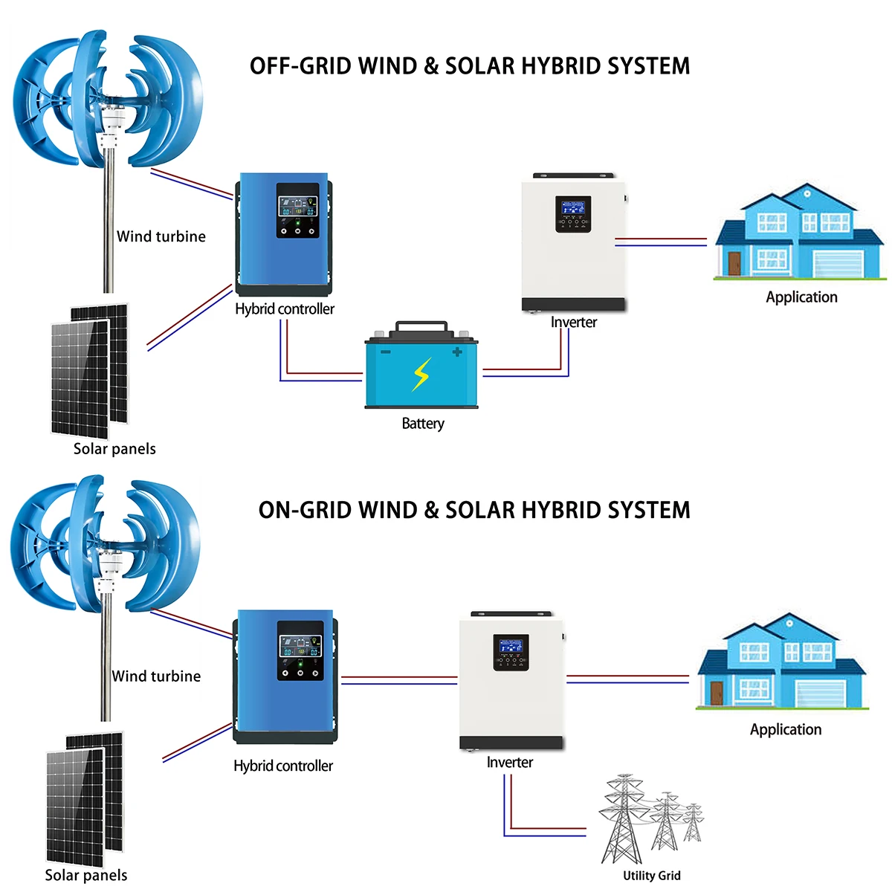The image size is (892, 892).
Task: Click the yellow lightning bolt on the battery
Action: (x=421, y=374)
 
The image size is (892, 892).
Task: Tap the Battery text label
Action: (x=423, y=424)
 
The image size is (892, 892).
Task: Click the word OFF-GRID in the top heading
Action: (x=300, y=66)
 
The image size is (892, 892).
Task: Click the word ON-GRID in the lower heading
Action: (x=305, y=511)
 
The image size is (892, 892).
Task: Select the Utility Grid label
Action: (x=651, y=876)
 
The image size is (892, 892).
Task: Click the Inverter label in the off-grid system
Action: (x=574, y=323)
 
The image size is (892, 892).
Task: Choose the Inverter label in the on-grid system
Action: (x=510, y=763)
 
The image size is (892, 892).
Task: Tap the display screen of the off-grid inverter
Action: (x=573, y=209)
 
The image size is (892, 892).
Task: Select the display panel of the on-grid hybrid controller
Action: (x=300, y=645)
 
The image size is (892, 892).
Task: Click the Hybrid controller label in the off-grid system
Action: (x=285, y=309)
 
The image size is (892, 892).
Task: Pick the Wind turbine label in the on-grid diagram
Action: (x=156, y=676)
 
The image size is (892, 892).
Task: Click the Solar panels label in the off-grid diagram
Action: (x=114, y=449)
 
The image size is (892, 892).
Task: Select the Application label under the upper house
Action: (x=801, y=297)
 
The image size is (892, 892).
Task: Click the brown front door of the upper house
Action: (x=734, y=263)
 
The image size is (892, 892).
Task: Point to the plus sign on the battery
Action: (x=456, y=352)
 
